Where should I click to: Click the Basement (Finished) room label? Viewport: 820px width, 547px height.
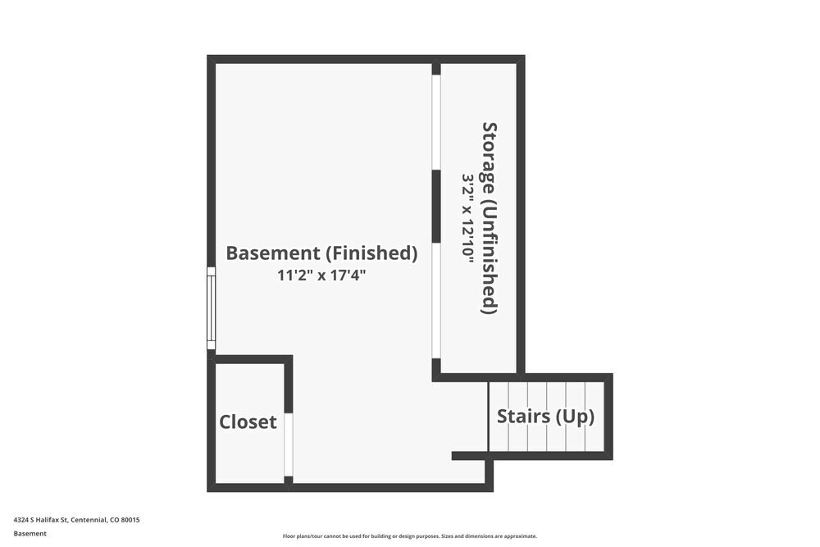[x=321, y=253]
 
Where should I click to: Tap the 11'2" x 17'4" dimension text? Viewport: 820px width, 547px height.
[x=321, y=275]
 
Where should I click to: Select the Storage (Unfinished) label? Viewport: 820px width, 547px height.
[x=489, y=218]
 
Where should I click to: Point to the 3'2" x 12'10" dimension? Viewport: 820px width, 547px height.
[x=467, y=218]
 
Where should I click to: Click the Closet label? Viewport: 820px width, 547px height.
[x=248, y=422]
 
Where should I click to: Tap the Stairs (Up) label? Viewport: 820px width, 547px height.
[x=545, y=417]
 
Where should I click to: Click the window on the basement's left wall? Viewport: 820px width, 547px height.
[x=212, y=308]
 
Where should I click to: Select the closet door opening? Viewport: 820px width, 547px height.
[x=288, y=444]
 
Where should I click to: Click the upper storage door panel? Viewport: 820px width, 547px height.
[x=436, y=122]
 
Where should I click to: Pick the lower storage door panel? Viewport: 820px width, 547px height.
[x=436, y=301]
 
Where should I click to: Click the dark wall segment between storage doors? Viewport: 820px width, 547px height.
[x=436, y=207]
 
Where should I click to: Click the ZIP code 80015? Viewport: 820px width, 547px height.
[x=130, y=520]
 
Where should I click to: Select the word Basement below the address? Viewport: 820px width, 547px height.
[x=30, y=533]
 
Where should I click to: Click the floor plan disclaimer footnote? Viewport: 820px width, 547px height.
[x=409, y=536]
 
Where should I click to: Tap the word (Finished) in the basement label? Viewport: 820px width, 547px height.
[x=371, y=253]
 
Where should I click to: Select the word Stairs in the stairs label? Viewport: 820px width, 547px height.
[x=523, y=417]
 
